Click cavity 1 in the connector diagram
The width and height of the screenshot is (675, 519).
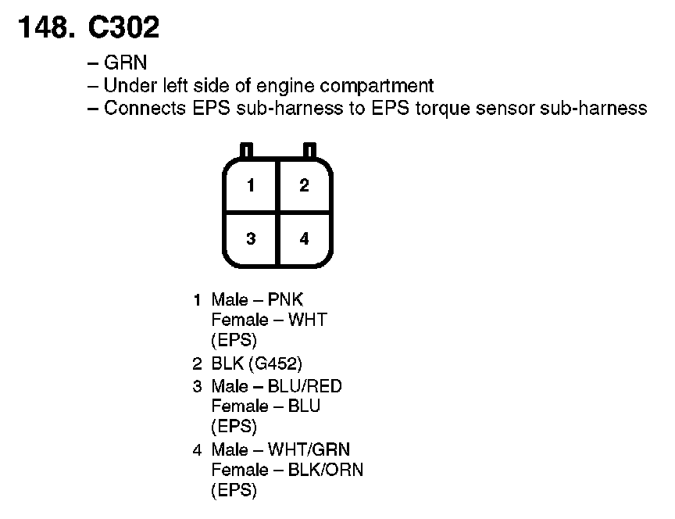pyautogui.click(x=251, y=186)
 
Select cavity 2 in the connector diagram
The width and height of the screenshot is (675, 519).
pyautogui.click(x=304, y=186)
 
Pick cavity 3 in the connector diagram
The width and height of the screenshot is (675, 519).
pyautogui.click(x=251, y=239)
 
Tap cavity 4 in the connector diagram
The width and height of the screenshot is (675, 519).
pyautogui.click(x=304, y=239)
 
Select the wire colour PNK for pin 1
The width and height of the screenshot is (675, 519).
pyautogui.click(x=285, y=299)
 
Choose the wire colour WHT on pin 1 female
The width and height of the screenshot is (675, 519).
pyautogui.click(x=308, y=320)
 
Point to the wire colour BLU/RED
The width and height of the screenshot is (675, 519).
pyautogui.click(x=305, y=386)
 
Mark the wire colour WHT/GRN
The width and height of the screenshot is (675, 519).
pyautogui.click(x=309, y=449)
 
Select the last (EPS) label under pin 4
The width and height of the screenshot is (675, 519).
pyautogui.click(x=234, y=491)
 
